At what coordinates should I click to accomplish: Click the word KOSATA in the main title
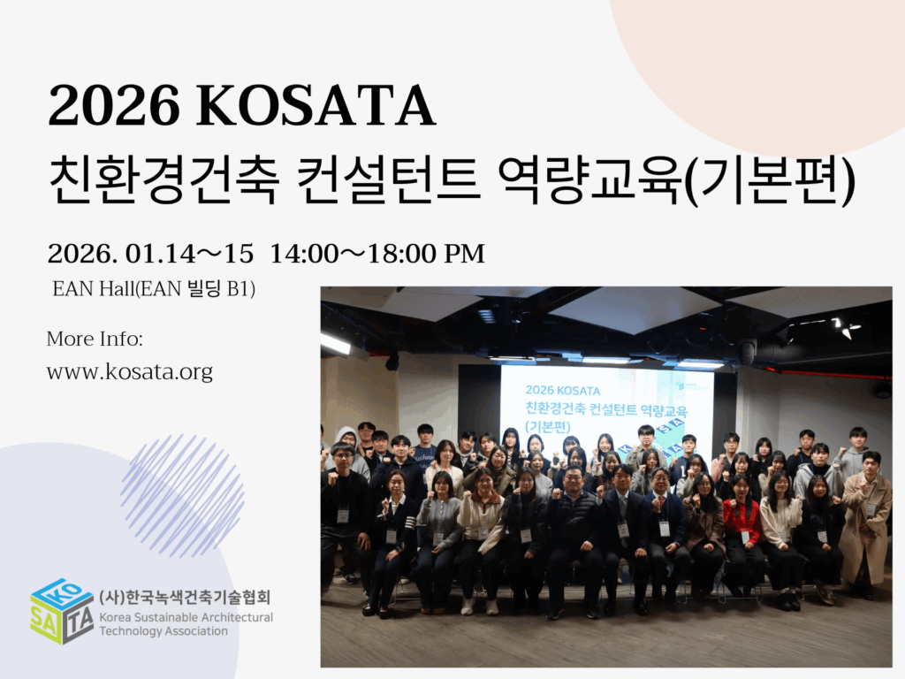[x=316, y=106]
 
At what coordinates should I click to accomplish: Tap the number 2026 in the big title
[x=114, y=106]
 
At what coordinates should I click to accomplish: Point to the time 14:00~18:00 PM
[x=377, y=254]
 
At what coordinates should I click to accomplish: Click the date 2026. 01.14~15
[x=150, y=254]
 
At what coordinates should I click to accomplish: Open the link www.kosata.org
[x=130, y=372]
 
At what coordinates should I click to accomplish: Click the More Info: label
[x=95, y=339]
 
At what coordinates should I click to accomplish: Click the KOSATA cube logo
[x=62, y=612]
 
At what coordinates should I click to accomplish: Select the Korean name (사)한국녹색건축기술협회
[x=185, y=597]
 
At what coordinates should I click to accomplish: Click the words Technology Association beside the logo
[x=164, y=631]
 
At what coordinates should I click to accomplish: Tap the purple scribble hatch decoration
[x=182, y=496]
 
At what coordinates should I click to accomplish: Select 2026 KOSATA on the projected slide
[x=563, y=391]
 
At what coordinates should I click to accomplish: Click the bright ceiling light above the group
[x=335, y=344]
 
